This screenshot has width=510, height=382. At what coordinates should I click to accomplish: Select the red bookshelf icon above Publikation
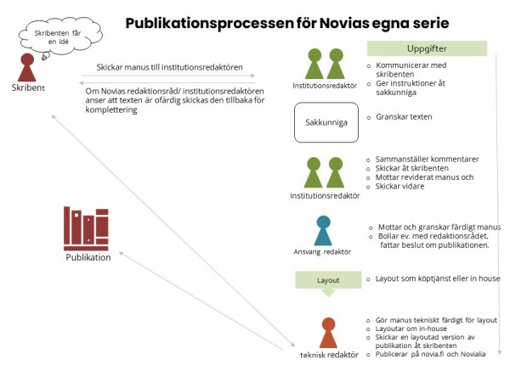point(86,228)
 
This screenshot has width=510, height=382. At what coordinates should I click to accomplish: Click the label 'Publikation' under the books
point(88,257)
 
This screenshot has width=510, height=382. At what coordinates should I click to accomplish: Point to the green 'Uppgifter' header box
point(427,48)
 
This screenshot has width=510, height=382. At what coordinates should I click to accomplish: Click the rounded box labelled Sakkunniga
point(321,123)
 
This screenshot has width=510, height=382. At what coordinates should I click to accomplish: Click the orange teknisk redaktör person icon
point(328,333)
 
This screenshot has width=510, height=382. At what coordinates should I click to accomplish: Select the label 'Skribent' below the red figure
point(28,88)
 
